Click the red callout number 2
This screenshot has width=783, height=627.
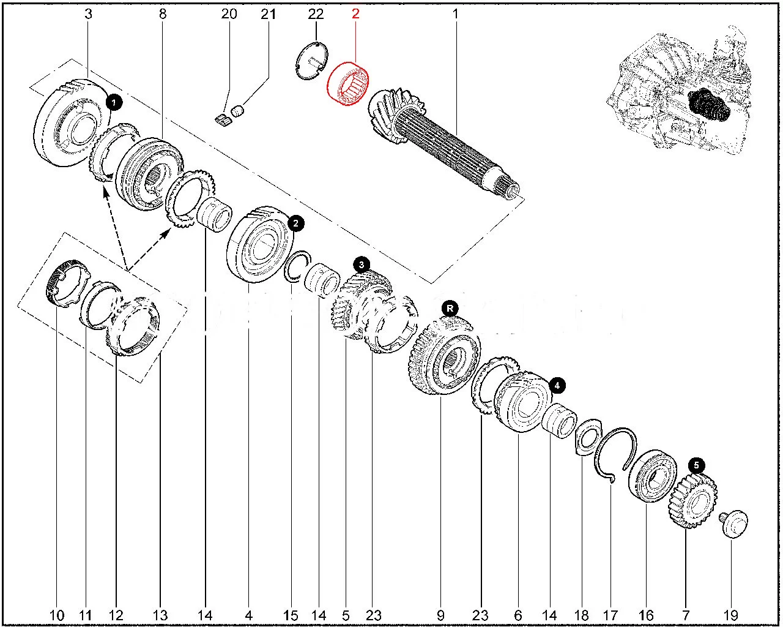355,13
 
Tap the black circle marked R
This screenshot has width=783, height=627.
450,307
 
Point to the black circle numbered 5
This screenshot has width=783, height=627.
696,466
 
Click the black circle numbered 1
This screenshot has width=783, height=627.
114,102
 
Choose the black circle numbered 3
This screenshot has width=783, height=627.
362,265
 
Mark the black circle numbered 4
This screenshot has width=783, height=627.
557,385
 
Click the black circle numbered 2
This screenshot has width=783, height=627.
295,223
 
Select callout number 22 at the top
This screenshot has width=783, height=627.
315,13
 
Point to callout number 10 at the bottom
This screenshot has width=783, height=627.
56,615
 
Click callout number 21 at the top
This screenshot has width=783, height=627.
269,13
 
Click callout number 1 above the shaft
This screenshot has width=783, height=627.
455,13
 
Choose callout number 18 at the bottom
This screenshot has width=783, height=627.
581,615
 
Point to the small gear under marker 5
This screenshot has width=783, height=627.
690,502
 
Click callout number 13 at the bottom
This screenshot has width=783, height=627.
160,615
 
